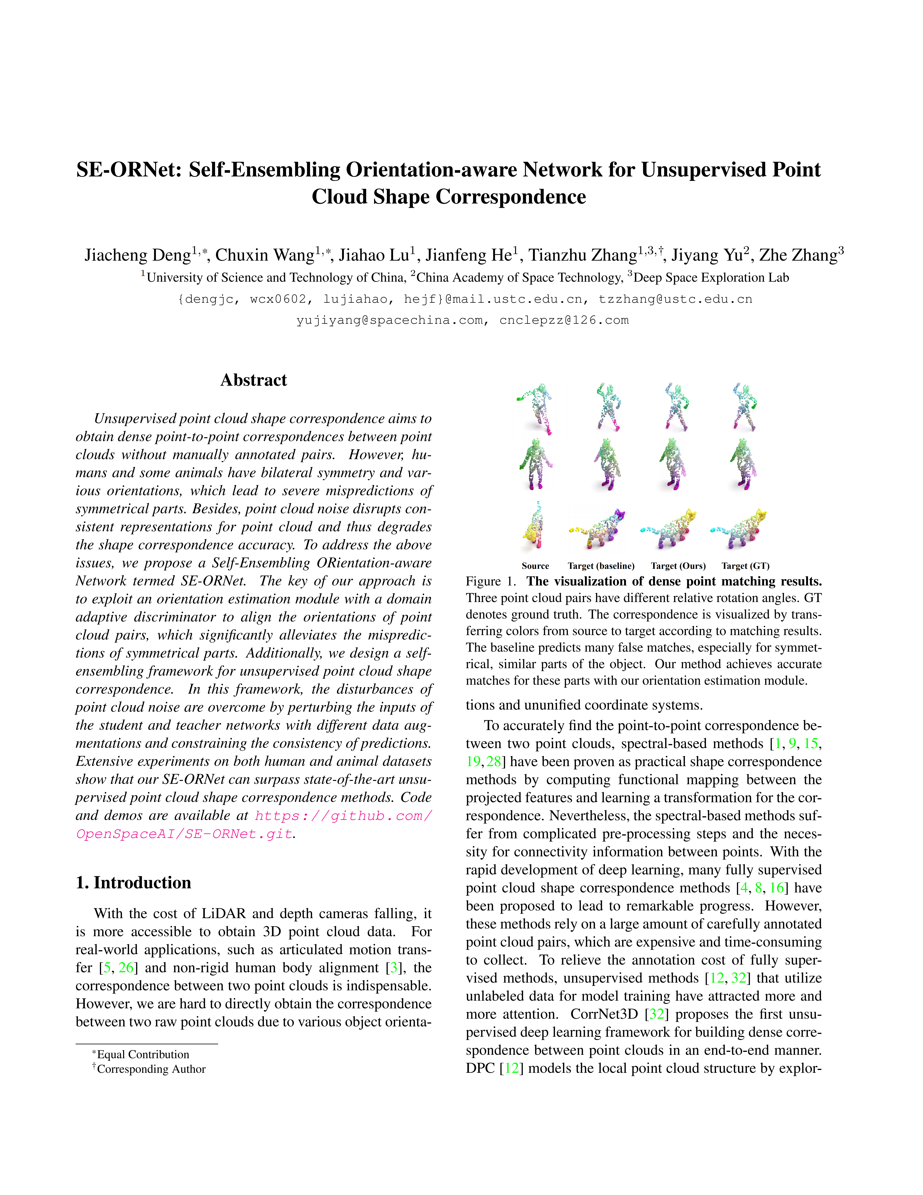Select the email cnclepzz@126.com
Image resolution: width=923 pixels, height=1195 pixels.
tap(564, 321)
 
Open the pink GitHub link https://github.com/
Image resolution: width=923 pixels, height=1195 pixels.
tap(343, 816)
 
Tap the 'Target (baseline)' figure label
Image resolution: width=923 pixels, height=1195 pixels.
tap(601, 566)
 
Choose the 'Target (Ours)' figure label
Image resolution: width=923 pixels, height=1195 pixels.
tap(678, 566)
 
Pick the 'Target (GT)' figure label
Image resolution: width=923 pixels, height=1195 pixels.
tap(745, 566)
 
